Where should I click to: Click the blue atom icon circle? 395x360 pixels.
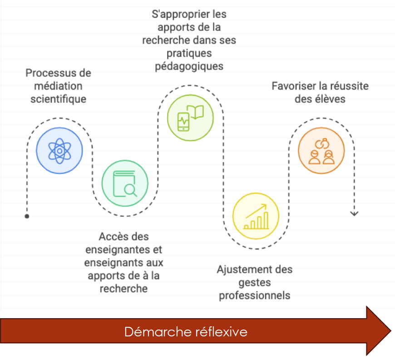(59, 150)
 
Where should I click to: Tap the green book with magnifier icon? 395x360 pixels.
(125, 183)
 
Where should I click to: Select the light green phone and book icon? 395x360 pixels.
(190, 118)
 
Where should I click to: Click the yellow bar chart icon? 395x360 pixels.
(256, 216)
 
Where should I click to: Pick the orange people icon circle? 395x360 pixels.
(321, 150)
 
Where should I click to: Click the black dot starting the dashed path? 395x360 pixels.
(27, 216)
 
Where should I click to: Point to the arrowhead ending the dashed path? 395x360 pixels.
(354, 214)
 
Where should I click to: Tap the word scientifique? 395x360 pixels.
(58, 99)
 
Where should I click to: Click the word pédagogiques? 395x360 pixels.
(189, 66)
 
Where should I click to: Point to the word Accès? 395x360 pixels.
(111, 237)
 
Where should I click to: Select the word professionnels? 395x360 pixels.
(254, 295)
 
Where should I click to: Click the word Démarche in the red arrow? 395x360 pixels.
(157, 331)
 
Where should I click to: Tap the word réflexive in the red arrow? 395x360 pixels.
(220, 331)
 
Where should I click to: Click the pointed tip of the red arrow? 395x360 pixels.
(391, 330)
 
